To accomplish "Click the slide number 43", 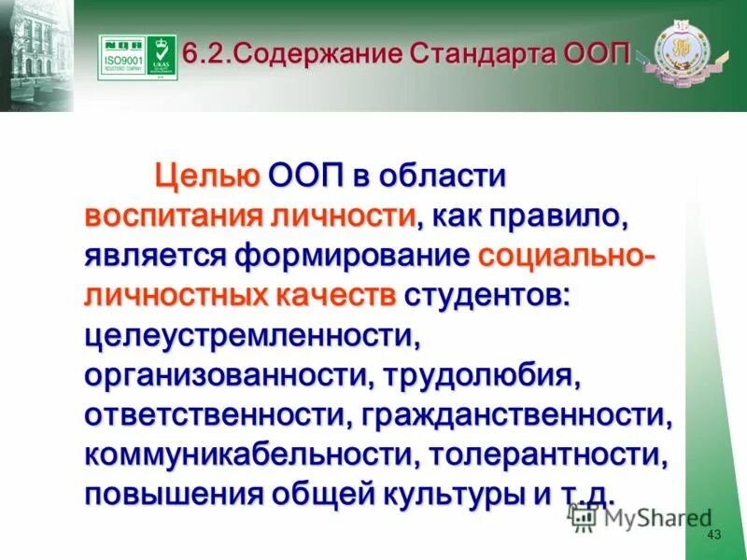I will pos(716,535).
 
